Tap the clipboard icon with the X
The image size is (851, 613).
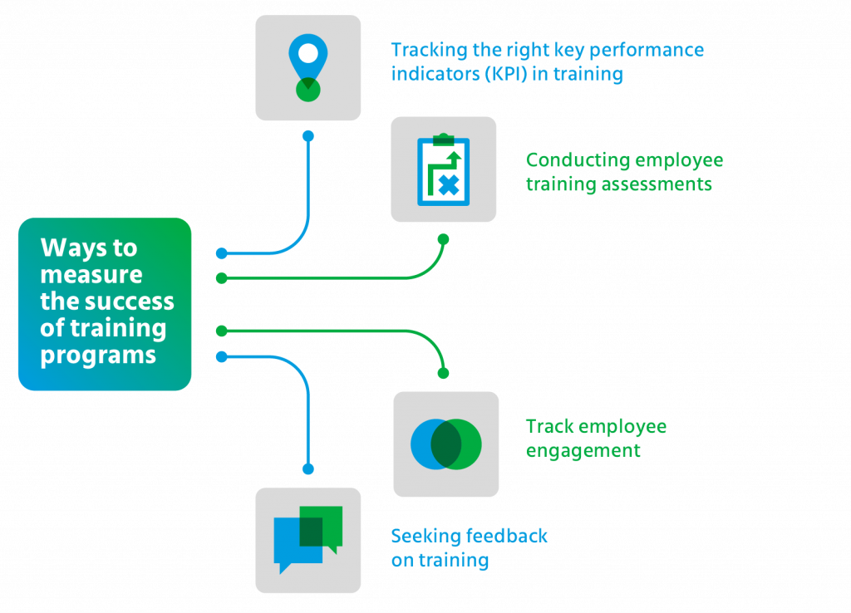click(x=443, y=169)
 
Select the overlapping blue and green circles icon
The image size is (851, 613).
click(x=445, y=444)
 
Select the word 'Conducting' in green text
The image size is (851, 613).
click(x=573, y=159)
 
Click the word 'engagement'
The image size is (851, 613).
click(x=583, y=451)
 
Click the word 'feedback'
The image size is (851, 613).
click(x=507, y=536)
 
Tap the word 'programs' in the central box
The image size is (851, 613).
click(x=98, y=355)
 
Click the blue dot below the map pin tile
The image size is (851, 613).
click(x=308, y=135)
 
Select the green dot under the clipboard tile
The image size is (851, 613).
click(x=443, y=239)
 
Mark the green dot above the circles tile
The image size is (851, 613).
click(x=444, y=374)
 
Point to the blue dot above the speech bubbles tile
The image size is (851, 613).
click(x=308, y=469)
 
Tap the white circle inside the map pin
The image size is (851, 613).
click(x=308, y=54)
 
